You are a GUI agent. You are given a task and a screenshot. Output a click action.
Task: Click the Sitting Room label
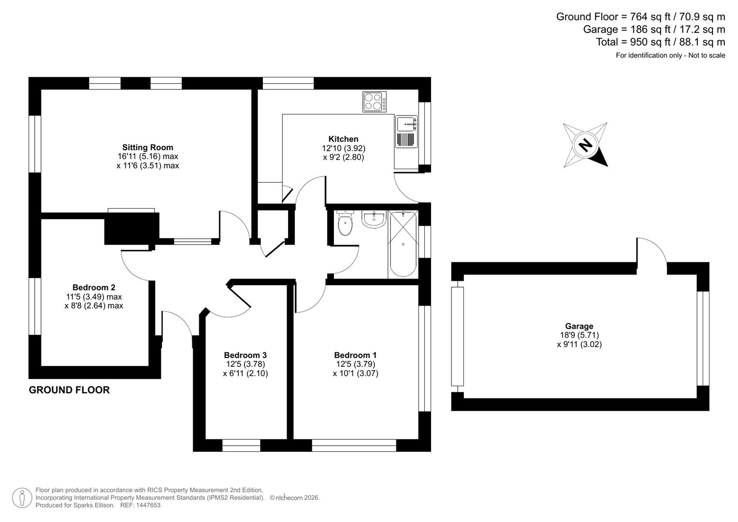pos(147,147)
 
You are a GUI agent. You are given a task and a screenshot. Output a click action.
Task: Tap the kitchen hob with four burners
pos(375,102)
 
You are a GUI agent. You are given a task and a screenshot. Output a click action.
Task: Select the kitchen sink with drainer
pos(406,132)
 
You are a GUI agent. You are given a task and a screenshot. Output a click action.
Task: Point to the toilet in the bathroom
pos(345,223)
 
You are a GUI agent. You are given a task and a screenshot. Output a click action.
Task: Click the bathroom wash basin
pos(374,219)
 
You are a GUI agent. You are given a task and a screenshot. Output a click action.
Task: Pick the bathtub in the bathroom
pos(403,244)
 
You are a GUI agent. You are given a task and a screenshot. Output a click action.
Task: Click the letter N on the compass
pos(585,145)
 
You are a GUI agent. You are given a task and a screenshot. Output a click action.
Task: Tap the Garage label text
pos(579,326)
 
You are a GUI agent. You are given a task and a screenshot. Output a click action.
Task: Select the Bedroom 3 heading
pos(245,355)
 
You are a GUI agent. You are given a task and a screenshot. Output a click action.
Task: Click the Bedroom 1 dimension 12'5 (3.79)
pos(355,364)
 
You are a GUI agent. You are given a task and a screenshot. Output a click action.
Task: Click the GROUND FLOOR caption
pos(69,390)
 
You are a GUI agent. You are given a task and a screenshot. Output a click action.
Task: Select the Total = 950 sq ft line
pos(660,42)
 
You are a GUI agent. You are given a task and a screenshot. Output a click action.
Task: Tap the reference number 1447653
pos(148,506)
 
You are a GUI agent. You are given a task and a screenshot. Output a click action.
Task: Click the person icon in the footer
pos(22,498)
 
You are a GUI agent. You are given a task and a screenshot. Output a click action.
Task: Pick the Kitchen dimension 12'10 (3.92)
pos(343,148)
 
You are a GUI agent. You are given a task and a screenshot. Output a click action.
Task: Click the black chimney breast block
pos(131,228)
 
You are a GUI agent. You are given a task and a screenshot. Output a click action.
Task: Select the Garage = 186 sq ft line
pos(654,29)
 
